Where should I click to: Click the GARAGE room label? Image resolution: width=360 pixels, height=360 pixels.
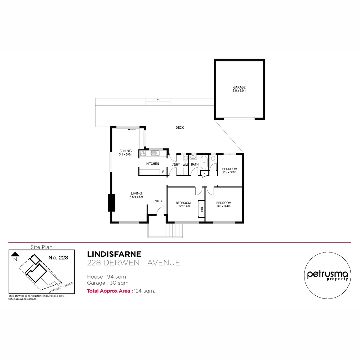[x=239, y=87]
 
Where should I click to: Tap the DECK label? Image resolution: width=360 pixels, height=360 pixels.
[x=180, y=128]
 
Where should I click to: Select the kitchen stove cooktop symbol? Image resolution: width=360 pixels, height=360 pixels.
[x=143, y=153]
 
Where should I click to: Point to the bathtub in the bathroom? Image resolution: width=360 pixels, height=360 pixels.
[x=204, y=163]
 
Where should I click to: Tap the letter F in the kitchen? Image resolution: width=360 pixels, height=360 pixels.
[x=163, y=172]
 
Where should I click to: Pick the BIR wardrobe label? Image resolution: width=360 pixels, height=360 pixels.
[x=202, y=210]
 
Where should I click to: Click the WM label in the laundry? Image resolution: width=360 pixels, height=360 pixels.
[x=185, y=164]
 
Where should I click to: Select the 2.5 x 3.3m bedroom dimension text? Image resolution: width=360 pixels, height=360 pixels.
[x=229, y=172]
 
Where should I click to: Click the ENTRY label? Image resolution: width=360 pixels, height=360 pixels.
[x=157, y=201]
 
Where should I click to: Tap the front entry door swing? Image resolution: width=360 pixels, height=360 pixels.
[x=161, y=211]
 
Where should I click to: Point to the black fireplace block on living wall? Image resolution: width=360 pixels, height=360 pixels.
[x=111, y=203]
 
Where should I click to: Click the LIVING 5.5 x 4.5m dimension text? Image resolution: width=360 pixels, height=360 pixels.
[x=136, y=197]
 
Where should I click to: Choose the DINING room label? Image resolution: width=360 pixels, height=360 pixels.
[x=126, y=151]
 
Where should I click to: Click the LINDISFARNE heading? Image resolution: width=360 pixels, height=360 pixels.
[x=114, y=255]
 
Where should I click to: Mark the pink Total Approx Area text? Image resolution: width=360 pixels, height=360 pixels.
[x=110, y=291]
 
